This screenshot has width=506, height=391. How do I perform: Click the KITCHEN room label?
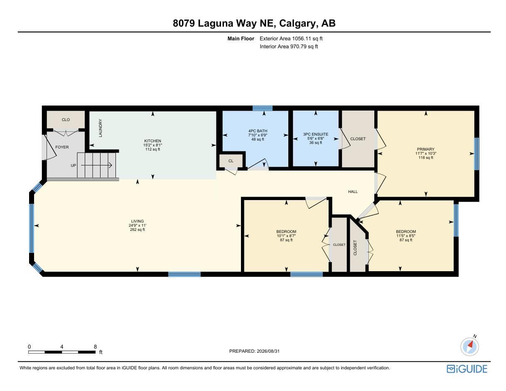coord(152,141)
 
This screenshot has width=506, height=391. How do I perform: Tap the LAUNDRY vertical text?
coord(101,128)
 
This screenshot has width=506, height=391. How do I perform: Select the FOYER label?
coord(62,147)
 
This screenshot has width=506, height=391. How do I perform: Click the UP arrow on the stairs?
coord(96,165)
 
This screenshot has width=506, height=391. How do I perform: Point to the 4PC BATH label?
coord(258,131)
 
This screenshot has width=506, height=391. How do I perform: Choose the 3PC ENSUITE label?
coord(315,134)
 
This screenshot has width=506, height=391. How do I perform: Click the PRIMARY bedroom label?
coord(425,149)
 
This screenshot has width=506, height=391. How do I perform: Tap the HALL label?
coord(353,191)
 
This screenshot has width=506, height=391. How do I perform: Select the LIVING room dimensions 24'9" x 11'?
coord(138,225)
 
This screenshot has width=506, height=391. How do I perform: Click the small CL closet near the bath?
coord(231,161)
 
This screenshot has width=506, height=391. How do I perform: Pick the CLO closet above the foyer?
coord(66,120)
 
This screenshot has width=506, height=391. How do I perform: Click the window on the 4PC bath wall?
coord(263,108)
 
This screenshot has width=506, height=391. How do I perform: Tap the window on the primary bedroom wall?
coord(477,153)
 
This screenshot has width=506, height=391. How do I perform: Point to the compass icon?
coord(469,347)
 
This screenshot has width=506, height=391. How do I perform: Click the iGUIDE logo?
coord(467,369)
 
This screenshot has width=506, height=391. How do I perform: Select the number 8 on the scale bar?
coord(95,347)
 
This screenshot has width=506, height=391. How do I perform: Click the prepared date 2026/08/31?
coord(268,351)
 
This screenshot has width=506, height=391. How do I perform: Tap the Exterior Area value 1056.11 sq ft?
coord(307,38)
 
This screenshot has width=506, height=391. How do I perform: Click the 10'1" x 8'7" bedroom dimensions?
coord(286,236)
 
